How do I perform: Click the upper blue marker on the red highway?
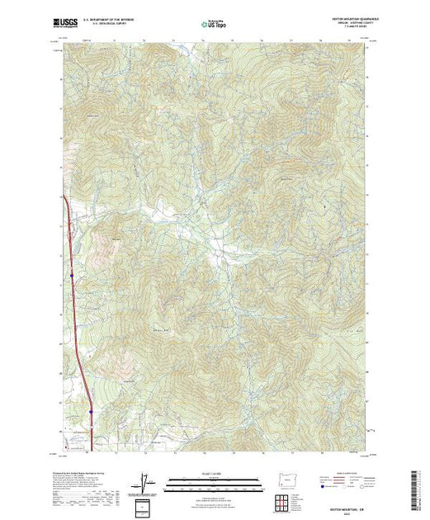pyautogui.click(x=72, y=274)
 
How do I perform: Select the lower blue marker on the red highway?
pyautogui.click(x=89, y=405)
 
